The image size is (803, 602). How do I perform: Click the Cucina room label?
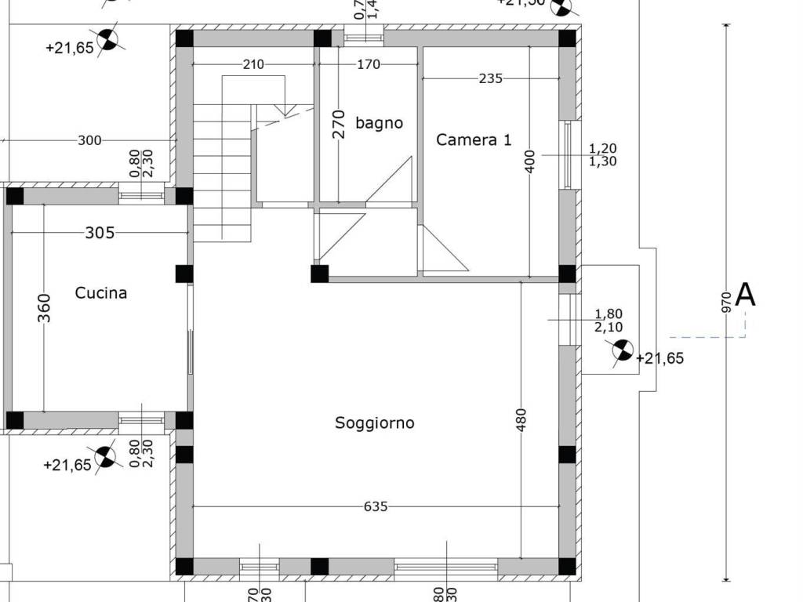coord(101,293)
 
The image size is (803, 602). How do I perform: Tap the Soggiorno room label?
coord(375,423)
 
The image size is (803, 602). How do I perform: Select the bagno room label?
coord(379,123)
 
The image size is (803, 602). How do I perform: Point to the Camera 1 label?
coord(474,140)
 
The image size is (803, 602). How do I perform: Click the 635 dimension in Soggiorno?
coord(376,507)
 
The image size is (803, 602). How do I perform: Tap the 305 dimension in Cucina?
coord(100,233)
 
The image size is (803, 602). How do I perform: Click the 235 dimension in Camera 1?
coord(490,78)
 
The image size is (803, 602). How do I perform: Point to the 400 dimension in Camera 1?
coord(531,162)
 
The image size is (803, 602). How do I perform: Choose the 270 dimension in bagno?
coord(339,124)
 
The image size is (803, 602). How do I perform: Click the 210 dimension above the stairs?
coord(253,64)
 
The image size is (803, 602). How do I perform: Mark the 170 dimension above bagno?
coord(369,64)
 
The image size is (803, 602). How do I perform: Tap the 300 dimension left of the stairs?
coord(90,141)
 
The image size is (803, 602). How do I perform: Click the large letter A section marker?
coord(745,295)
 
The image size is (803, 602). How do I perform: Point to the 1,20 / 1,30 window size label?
coord(603,154)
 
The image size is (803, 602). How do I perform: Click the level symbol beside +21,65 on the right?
coord(623,350)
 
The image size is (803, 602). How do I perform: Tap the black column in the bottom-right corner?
coord(567,566)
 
